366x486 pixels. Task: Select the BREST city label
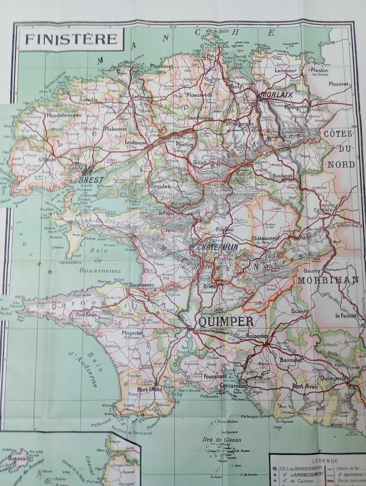click(x=91, y=181)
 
